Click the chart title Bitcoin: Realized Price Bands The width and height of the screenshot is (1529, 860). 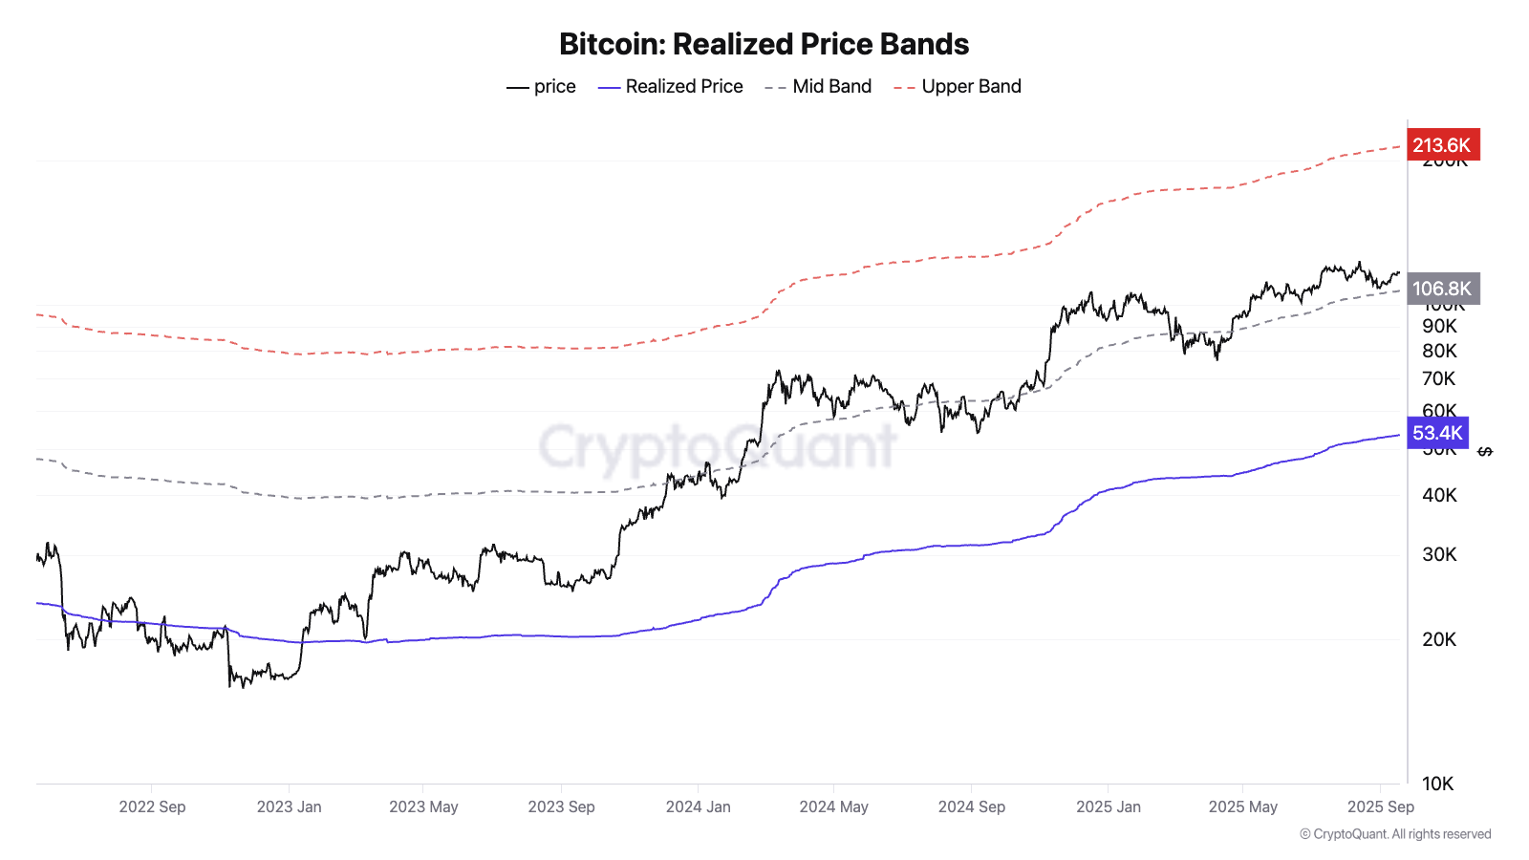[764, 44]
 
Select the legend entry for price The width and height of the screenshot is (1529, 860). [542, 87]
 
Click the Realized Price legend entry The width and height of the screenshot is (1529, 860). [671, 87]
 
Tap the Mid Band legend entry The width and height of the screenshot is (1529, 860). [819, 87]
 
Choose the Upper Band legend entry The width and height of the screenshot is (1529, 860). [958, 87]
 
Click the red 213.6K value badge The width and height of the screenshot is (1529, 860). [1442, 145]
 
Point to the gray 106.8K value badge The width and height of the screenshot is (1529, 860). [1442, 289]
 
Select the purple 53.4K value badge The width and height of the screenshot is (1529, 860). [1437, 433]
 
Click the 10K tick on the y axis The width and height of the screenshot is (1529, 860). [1437, 784]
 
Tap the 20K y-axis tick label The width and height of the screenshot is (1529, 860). [1439, 639]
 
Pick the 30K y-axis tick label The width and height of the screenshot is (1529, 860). [1439, 554]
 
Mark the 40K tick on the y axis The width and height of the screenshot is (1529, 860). [1439, 495]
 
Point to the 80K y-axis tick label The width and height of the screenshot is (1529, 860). [1439, 351]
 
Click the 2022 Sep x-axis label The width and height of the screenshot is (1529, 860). [152, 806]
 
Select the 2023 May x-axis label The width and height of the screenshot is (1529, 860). [423, 806]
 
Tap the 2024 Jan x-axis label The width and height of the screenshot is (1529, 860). [698, 806]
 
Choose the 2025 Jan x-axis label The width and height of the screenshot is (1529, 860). [1108, 806]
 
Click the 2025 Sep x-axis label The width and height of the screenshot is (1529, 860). [1380, 806]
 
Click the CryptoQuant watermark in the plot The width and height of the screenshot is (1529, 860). [717, 446]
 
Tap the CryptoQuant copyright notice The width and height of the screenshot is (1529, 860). [1395, 834]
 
